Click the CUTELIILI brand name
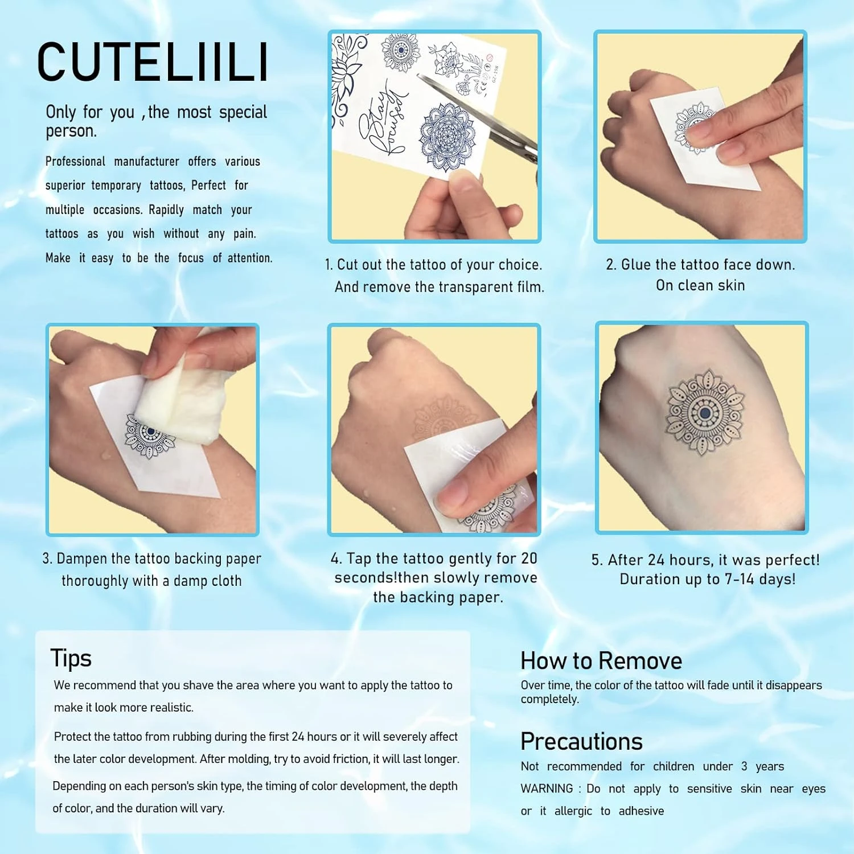click(153, 62)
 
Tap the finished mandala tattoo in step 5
click(705, 414)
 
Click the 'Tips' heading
click(71, 659)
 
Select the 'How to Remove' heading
click(601, 661)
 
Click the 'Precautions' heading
click(581, 741)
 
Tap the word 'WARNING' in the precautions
click(547, 789)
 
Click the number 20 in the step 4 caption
click(529, 559)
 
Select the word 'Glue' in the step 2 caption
click(636, 264)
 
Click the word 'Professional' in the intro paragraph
click(75, 162)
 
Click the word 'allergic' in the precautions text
click(573, 811)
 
